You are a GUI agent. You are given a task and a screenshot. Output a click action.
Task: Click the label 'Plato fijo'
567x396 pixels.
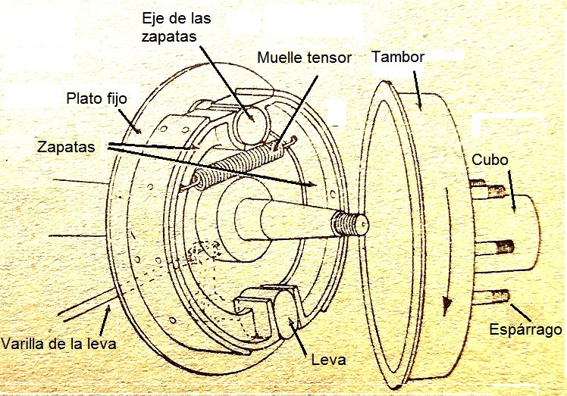click(x=97, y=98)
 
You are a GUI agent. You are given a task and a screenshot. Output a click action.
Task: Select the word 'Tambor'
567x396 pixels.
click(x=398, y=57)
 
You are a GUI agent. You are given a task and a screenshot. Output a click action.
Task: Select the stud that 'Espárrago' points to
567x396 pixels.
click(x=503, y=298)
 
